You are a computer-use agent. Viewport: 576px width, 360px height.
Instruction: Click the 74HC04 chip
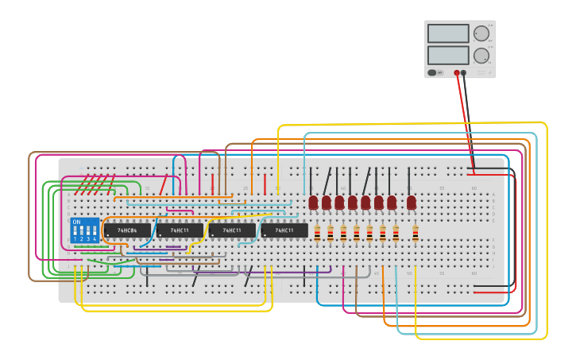pos(126,230)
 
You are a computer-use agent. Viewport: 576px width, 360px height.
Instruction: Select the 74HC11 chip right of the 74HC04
pos(180,230)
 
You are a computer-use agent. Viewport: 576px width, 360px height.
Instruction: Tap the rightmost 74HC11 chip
pos(284,230)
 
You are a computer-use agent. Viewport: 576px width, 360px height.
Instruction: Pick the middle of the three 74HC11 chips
pos(232,230)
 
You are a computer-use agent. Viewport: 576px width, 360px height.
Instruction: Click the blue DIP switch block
pos(85,230)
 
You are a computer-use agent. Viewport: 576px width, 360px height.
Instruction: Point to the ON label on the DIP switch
pos(76,222)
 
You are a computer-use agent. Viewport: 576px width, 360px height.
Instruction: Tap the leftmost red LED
pos(313,203)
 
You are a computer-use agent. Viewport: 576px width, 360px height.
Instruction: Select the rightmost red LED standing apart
pos(412,203)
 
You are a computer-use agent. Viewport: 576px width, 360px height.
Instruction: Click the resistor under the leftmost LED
pos(317,234)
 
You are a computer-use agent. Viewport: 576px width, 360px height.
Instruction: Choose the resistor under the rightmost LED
pos(415,234)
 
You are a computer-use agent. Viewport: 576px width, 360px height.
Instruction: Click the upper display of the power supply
pos(448,33)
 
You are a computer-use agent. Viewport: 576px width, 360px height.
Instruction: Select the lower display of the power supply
pos(448,55)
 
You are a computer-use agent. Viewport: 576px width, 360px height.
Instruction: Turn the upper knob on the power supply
pos(481,33)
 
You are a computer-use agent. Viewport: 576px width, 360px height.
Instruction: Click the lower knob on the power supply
pos(481,56)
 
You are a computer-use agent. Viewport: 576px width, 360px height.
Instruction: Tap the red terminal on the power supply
pos(457,72)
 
